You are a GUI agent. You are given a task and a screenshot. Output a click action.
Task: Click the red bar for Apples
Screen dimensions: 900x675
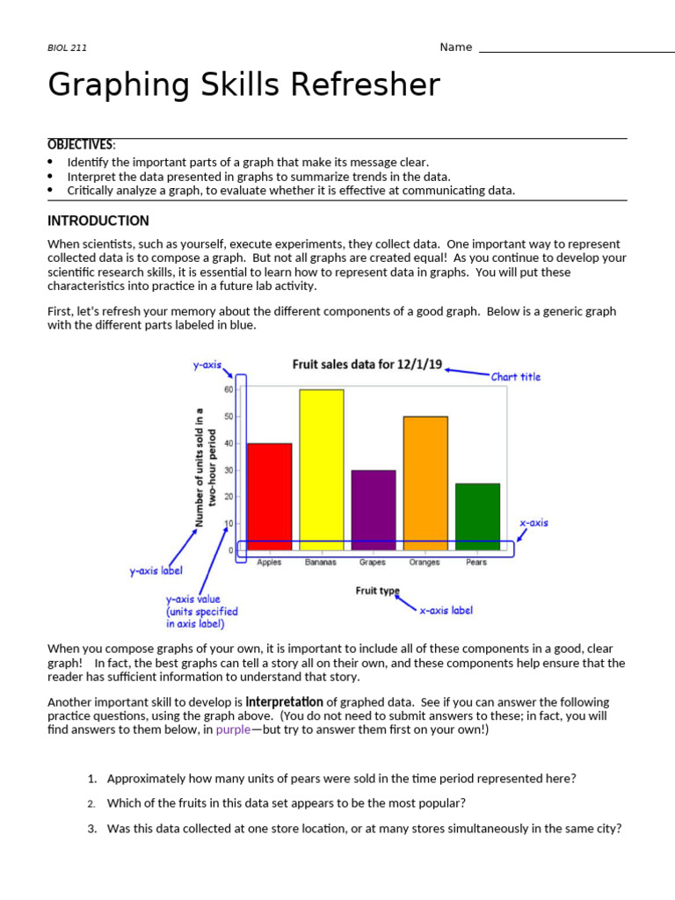[x=269, y=497]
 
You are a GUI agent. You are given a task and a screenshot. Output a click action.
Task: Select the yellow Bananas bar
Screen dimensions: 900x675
[x=321, y=470]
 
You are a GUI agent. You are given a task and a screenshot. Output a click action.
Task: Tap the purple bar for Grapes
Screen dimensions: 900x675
[x=373, y=510]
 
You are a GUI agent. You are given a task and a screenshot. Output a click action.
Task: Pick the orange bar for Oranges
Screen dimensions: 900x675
[x=425, y=483]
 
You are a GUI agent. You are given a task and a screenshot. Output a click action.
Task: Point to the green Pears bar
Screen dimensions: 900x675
[x=477, y=517]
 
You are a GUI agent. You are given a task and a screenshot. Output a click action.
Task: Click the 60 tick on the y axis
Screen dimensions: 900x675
[x=229, y=389]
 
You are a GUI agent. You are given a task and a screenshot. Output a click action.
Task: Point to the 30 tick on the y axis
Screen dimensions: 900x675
[x=229, y=470]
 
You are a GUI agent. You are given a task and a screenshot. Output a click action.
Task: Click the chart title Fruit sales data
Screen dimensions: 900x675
[x=367, y=364]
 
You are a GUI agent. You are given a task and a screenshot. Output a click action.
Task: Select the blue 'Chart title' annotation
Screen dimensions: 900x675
[x=516, y=377]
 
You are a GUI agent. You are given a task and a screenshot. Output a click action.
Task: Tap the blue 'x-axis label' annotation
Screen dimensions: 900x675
[x=446, y=610]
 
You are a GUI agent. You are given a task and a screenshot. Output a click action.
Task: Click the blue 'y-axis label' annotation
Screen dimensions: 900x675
[x=156, y=571]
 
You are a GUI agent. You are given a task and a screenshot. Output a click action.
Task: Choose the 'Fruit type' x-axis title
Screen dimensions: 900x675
[x=377, y=591]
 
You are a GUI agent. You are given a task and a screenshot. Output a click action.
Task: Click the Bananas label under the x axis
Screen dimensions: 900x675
[x=321, y=562]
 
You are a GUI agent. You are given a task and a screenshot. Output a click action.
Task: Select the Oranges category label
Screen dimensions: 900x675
[x=425, y=562]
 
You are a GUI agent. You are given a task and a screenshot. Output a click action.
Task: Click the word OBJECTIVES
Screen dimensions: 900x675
[x=80, y=145]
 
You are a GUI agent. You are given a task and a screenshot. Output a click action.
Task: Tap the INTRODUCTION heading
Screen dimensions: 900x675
[x=98, y=221]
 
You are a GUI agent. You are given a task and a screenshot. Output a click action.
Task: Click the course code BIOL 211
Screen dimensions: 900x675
[x=67, y=48]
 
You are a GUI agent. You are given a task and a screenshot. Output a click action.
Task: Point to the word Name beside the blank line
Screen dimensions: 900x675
[x=455, y=47]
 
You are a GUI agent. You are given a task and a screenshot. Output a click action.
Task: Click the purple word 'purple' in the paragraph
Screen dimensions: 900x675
[x=233, y=729]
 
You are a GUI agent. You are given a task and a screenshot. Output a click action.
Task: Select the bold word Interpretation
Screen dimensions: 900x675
[x=284, y=701]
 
